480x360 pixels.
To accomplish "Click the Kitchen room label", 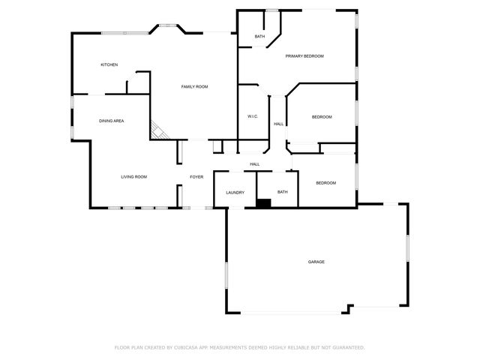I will pyautogui.click(x=109, y=64).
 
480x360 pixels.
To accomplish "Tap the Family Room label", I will pyautogui.click(x=194, y=87).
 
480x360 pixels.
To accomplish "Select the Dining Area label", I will pyautogui.click(x=112, y=121).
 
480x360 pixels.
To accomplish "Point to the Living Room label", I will pyautogui.click(x=134, y=177).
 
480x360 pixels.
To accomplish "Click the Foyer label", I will pyautogui.click(x=196, y=177).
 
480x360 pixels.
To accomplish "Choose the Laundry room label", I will pyautogui.click(x=235, y=193).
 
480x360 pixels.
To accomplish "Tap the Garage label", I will pyautogui.click(x=316, y=262).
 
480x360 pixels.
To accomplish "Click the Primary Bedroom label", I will pyautogui.click(x=304, y=56).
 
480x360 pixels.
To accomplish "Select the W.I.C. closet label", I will pyautogui.click(x=253, y=116).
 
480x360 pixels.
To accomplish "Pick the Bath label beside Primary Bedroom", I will pyautogui.click(x=259, y=37).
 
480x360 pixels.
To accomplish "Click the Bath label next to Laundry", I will pyautogui.click(x=283, y=192).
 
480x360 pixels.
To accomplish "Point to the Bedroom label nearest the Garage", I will pyautogui.click(x=325, y=183).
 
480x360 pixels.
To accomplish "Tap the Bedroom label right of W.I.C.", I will pyautogui.click(x=322, y=117).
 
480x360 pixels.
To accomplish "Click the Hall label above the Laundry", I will pyautogui.click(x=255, y=164).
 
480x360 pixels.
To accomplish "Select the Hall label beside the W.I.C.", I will pyautogui.click(x=278, y=124).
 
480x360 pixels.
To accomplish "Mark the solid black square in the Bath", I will pyautogui.click(x=263, y=201).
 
